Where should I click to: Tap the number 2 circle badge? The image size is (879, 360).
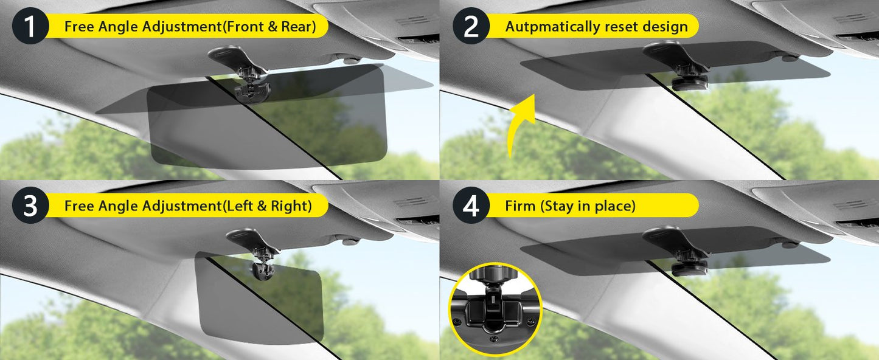[471, 27]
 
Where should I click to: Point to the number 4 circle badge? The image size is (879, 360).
[471, 206]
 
